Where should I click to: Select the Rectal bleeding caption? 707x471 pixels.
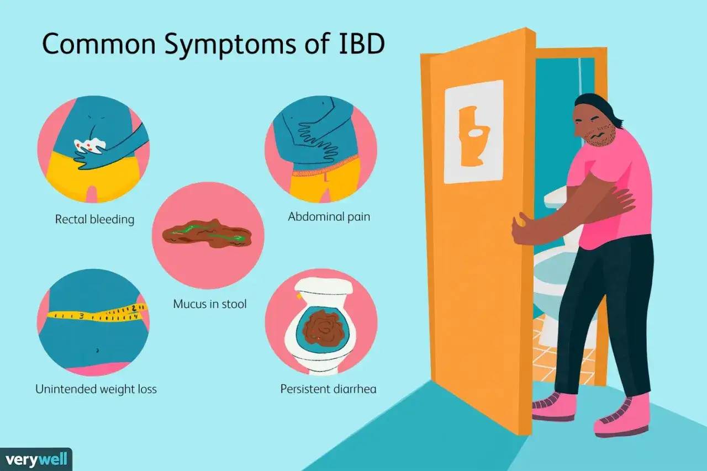pyautogui.click(x=94, y=219)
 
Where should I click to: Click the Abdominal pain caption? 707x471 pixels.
pyautogui.click(x=329, y=217)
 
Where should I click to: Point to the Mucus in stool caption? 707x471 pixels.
pyautogui.click(x=210, y=304)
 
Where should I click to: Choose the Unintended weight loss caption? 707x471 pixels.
pyautogui.click(x=96, y=389)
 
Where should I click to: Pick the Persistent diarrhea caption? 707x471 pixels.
pyautogui.click(x=328, y=389)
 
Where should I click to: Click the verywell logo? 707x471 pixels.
pyautogui.click(x=36, y=459)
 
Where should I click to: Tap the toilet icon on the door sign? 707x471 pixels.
pyautogui.click(x=473, y=136)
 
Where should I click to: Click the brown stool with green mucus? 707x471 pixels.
pyautogui.click(x=207, y=234)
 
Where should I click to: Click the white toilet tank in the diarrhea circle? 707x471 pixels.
pyautogui.click(x=323, y=285)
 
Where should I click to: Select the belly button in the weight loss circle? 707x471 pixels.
pyautogui.click(x=97, y=350)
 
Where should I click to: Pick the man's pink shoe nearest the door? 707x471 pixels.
pyautogui.click(x=554, y=406)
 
